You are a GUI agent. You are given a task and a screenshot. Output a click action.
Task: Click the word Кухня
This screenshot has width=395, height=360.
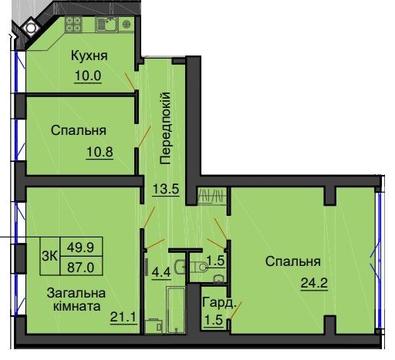[x=89, y=56]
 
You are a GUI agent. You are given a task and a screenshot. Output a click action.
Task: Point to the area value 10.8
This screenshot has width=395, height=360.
[x=100, y=150]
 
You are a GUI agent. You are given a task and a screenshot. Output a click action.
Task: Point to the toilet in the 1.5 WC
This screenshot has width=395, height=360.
[x=197, y=266]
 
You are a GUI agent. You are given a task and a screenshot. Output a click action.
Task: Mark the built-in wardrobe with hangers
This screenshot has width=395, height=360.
[x=211, y=194]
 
